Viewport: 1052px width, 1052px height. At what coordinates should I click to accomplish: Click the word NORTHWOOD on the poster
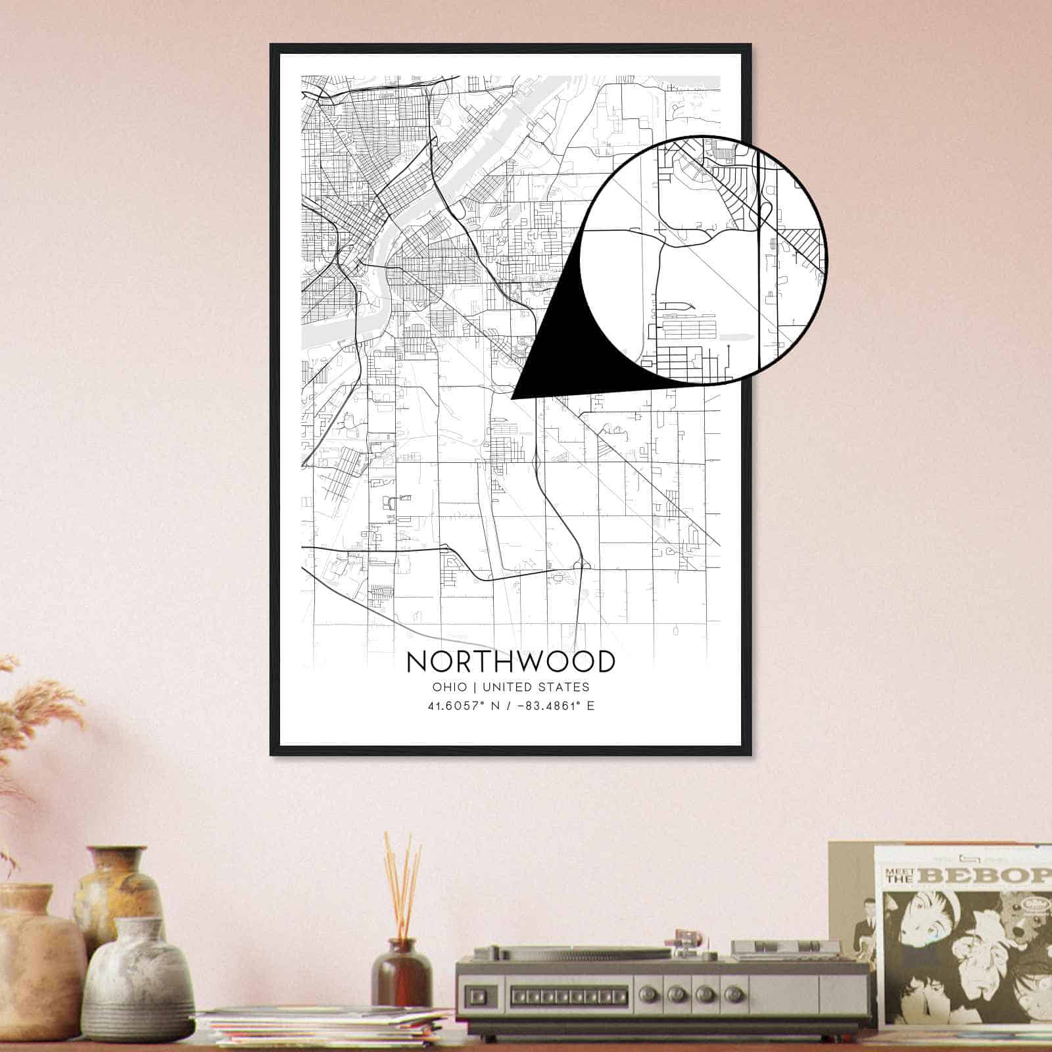coord(511,661)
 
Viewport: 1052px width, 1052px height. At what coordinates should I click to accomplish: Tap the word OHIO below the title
coord(450,687)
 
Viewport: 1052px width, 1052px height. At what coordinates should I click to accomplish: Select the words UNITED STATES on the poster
coord(536,687)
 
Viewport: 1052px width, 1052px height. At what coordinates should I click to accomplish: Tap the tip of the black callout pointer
coord(513,398)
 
